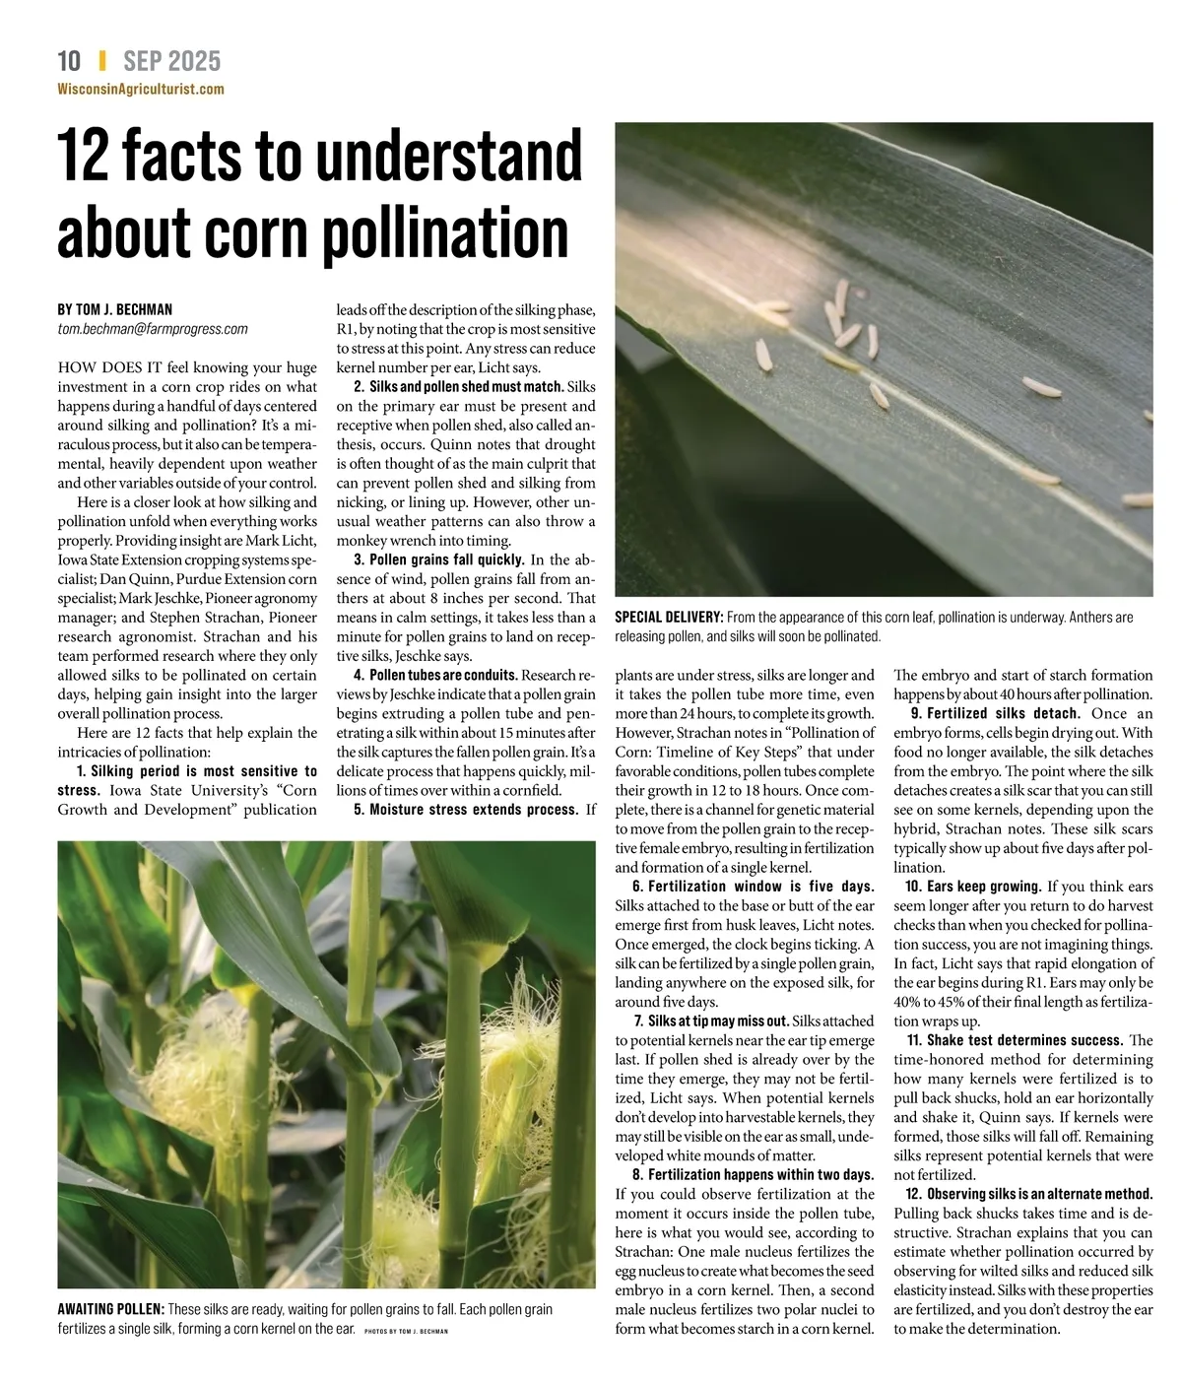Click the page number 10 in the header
69,61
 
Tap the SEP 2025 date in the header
171,61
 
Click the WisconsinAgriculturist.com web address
141,89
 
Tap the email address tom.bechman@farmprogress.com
153,329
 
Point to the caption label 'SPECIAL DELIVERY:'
669,618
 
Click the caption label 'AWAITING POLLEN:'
111,1309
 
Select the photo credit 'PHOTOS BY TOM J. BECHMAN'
406,1331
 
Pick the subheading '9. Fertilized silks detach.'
996,713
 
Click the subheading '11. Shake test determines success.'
1015,1040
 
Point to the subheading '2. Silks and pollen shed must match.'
458,387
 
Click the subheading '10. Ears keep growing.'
973,887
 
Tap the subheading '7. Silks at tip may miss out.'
711,1022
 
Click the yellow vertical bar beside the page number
101,61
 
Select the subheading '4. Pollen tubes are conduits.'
435,675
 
